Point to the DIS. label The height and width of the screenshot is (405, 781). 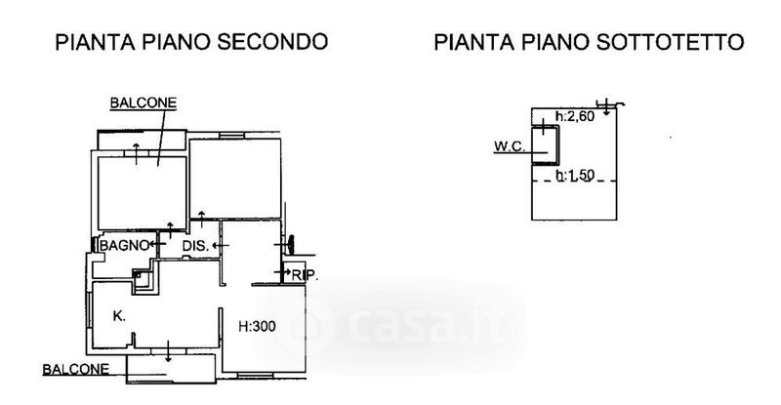(195, 246)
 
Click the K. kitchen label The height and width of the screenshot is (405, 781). (118, 316)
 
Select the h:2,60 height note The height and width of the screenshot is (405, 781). (574, 118)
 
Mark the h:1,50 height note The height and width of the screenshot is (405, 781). (574, 176)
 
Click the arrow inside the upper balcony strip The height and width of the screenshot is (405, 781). (136, 145)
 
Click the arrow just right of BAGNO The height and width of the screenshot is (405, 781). (156, 245)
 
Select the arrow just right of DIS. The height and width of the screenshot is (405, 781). (219, 246)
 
